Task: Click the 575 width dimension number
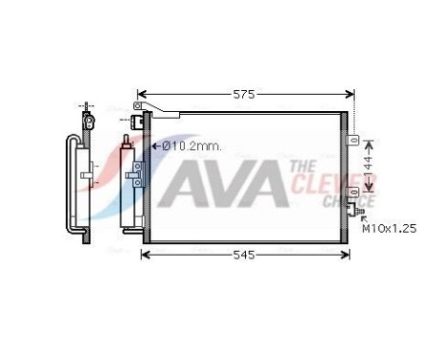pos(245,96)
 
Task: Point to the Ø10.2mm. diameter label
pos(191,146)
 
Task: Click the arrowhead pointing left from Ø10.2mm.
pos(156,146)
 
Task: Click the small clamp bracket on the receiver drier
pos(135,173)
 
